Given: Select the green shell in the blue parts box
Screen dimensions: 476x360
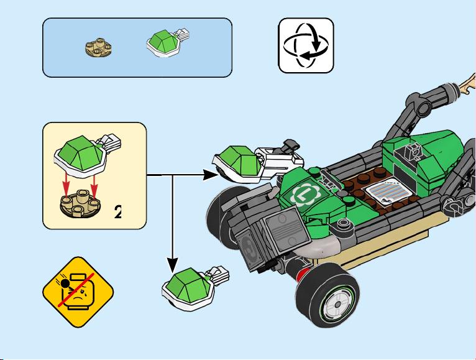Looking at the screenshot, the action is tap(168, 42).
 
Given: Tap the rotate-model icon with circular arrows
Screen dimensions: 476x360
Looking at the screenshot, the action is tap(306, 45).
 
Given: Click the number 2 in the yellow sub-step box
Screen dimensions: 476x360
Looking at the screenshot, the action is tap(118, 212).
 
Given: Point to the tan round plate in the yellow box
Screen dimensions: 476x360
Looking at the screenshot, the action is tap(80, 203).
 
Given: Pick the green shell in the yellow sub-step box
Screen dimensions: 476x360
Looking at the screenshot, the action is tap(88, 155).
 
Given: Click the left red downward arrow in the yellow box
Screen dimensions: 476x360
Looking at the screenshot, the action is tap(66, 186).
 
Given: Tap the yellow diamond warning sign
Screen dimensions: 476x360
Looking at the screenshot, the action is tap(78, 292).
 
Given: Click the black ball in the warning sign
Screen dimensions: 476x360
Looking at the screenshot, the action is tap(65, 284).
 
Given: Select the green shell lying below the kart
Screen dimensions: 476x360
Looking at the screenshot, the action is tap(195, 288).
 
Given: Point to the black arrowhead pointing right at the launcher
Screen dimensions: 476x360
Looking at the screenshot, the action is tap(210, 175).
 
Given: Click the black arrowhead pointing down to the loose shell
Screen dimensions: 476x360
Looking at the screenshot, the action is tap(173, 265).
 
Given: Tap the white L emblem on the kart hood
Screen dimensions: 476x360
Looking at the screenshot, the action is tap(304, 194).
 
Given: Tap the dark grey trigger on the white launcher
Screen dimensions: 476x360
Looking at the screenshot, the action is tap(290, 145).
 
